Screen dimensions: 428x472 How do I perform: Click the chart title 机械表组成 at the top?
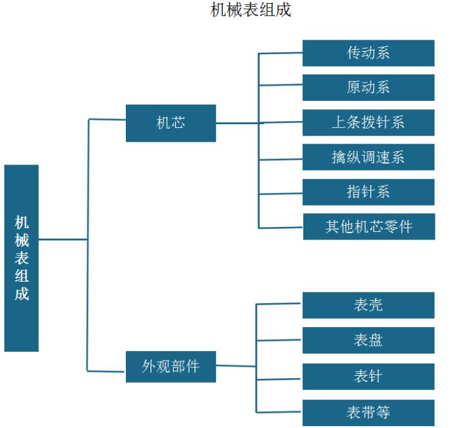coord(250,11)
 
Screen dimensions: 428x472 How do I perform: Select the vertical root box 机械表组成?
coord(21,258)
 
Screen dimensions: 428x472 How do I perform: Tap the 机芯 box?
coord(171,123)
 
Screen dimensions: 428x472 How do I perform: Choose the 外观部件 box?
coord(171,366)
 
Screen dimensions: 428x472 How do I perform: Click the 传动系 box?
coord(368,53)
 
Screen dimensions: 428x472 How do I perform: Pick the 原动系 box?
coord(368,88)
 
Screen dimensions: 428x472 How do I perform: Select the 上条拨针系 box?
coord(368,122)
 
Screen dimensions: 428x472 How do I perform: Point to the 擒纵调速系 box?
coord(368,157)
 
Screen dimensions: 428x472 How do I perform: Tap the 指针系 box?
coord(368,192)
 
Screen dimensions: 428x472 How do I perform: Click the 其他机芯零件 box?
coord(369,227)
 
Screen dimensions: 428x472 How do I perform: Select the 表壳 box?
coord(368,305)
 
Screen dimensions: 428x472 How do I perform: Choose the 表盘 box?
coord(368,340)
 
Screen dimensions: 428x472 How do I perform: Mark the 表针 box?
coord(368,376)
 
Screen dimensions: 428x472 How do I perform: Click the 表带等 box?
coord(368,412)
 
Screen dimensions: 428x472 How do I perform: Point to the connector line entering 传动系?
coord(281,53)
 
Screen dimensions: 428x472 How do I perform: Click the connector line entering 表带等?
coord(279,412)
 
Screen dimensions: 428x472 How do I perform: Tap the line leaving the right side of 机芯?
coord(237,123)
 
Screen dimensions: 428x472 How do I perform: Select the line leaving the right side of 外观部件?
coord(235,366)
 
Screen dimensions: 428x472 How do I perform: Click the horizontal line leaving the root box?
coord(63,240)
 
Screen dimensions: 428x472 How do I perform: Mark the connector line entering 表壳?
coord(279,304)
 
